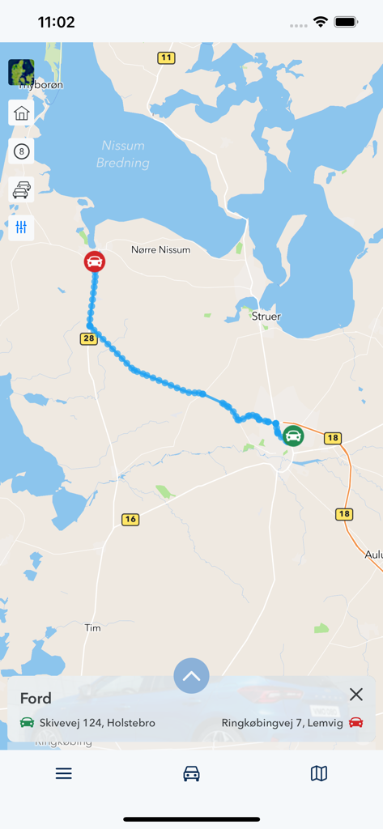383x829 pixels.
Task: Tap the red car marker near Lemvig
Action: tap(95, 261)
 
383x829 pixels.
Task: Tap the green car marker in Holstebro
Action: tap(293, 436)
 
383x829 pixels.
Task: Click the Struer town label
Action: tap(266, 317)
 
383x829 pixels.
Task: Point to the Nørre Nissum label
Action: tap(160, 250)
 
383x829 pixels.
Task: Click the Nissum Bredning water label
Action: tap(122, 154)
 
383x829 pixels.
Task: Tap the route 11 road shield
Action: tap(166, 57)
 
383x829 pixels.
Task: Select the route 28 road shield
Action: tap(88, 338)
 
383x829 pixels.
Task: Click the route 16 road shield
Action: tap(130, 519)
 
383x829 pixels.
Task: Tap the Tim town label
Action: tap(92, 627)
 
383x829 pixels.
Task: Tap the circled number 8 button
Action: tap(21, 151)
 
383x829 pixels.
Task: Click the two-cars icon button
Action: tap(21, 189)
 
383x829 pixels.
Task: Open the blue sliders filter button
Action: tap(21, 227)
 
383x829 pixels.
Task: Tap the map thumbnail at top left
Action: tap(21, 72)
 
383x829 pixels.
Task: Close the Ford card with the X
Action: tap(355, 695)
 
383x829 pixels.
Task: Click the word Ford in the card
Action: tap(36, 698)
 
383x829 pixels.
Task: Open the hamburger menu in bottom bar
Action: tap(64, 774)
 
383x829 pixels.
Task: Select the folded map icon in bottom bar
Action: tap(319, 774)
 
